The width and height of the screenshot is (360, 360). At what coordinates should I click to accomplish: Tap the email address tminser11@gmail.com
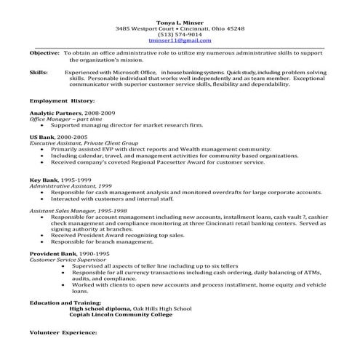pyautogui.click(x=180, y=41)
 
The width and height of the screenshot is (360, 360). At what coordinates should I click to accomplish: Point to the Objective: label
pyautogui.click(x=44, y=54)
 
